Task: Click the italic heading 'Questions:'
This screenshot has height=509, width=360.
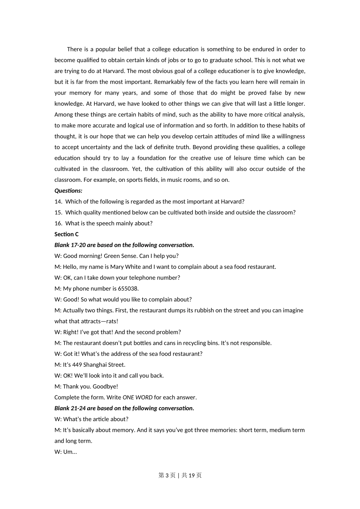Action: [x=68, y=190]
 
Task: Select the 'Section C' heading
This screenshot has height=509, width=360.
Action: [x=66, y=234]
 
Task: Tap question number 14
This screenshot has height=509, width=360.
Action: [x=58, y=201]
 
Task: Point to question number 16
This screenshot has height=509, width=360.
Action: [x=58, y=223]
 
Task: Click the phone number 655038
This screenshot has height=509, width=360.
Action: [x=128, y=289]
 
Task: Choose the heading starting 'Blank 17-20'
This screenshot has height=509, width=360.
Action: [x=124, y=245]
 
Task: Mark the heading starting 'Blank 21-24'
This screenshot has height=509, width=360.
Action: [x=124, y=408]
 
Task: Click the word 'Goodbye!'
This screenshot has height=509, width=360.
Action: [x=105, y=386]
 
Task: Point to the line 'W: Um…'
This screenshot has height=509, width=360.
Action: [x=66, y=452]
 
